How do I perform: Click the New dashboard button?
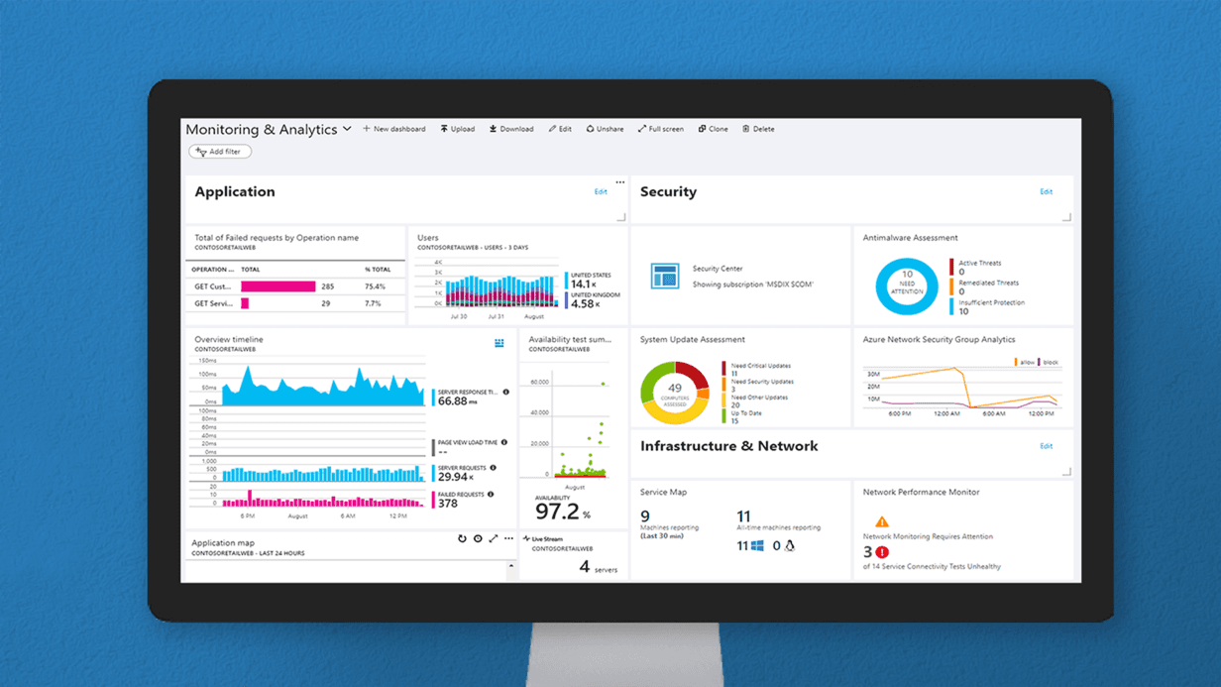(x=393, y=129)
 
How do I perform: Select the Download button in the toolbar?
(x=511, y=129)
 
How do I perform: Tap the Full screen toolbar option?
(x=660, y=129)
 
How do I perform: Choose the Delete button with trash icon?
(x=758, y=129)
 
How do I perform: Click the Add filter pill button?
(x=220, y=152)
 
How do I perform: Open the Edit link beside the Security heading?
(x=1046, y=191)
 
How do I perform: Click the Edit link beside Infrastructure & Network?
(x=1046, y=446)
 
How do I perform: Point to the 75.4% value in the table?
(x=374, y=286)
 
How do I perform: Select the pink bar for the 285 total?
(x=277, y=286)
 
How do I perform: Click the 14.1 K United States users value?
(x=583, y=285)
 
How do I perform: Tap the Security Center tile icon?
(x=664, y=276)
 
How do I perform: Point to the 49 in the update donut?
(x=675, y=388)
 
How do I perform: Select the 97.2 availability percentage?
(x=556, y=512)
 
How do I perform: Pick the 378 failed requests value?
(x=448, y=504)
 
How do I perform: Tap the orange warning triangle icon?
(x=881, y=521)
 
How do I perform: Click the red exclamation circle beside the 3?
(x=882, y=552)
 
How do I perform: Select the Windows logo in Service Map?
(x=756, y=546)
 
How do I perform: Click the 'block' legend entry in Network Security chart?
(x=1049, y=363)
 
